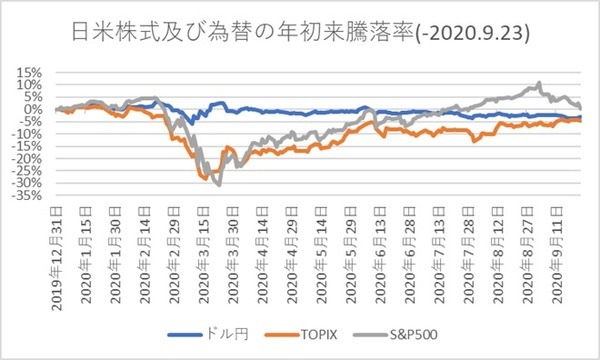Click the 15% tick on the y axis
(x=27, y=73)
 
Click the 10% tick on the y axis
(x=27, y=85)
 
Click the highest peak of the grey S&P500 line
(x=539, y=83)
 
